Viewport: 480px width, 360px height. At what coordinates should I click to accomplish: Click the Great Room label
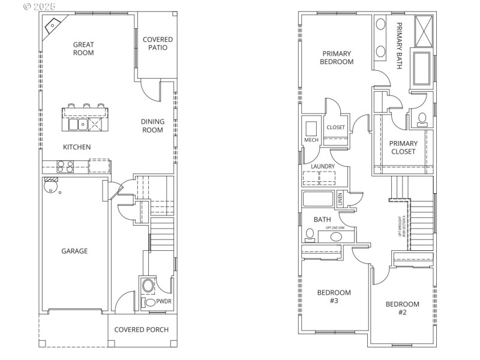pyautogui.click(x=83, y=48)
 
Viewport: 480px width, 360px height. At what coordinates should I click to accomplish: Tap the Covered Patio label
pyautogui.click(x=158, y=44)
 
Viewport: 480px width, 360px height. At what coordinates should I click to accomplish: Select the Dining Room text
pyautogui.click(x=152, y=125)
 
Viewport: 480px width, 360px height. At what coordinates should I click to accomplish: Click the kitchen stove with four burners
pyautogui.click(x=65, y=166)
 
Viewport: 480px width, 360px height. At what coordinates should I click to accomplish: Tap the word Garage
pyautogui.click(x=74, y=251)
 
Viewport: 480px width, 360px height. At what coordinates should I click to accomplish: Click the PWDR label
pyautogui.click(x=164, y=302)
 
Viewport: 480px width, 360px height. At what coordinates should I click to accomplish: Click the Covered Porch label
pyautogui.click(x=141, y=329)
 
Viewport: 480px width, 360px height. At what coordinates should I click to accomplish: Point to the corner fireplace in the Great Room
pyautogui.click(x=52, y=26)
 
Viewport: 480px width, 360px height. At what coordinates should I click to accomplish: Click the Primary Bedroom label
pyautogui.click(x=336, y=57)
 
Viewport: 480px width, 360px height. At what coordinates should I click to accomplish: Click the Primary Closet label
pyautogui.click(x=403, y=148)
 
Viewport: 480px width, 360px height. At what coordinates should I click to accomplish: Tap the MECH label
pyautogui.click(x=311, y=140)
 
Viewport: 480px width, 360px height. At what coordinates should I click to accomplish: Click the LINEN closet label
pyautogui.click(x=340, y=199)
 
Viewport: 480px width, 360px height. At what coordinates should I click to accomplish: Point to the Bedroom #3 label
pyautogui.click(x=334, y=296)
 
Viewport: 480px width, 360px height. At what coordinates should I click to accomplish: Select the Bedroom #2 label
pyautogui.click(x=402, y=308)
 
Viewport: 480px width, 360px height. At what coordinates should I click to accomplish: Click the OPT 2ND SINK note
pyautogui.click(x=337, y=228)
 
